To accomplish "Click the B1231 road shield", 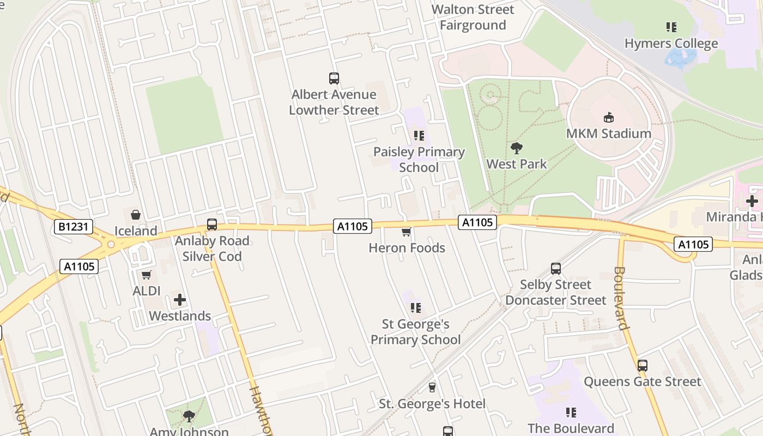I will pos(74,227).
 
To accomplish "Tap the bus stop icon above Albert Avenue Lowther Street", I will pos(334,78).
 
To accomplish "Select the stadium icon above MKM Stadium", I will pos(609,117).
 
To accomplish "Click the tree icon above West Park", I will pos(516,148).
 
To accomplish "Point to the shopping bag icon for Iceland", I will pos(136,215).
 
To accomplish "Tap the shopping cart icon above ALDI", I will pos(146,275).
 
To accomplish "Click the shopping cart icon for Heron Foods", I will pos(406,232).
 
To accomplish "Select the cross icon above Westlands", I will pos(180,300).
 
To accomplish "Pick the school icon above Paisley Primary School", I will pos(419,136).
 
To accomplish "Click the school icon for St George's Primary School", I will pos(416,308).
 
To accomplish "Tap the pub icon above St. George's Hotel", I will pos(432,387).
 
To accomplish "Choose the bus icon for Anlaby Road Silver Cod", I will pos(211,225).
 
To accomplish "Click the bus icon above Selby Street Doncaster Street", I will pos(555,269).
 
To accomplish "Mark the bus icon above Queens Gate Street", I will pos(642,366).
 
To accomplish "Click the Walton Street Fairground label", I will pos(473,17).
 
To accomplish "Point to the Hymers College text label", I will pos(671,44).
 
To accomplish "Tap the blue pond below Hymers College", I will pos(681,57).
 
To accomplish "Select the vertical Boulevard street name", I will pos(621,298).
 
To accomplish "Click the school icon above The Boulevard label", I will pos(571,413).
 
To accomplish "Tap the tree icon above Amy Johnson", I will pos(189,416).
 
